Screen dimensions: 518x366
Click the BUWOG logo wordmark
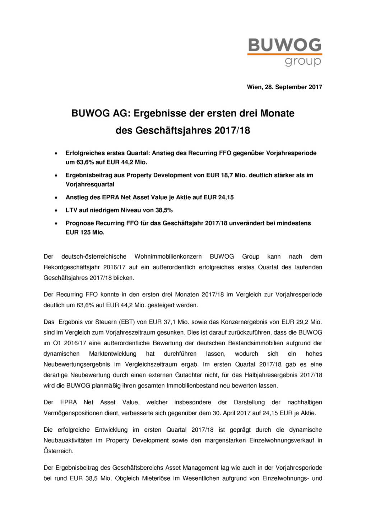[284, 45]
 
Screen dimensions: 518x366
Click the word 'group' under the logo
[303, 61]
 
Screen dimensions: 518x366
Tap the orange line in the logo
[284, 54]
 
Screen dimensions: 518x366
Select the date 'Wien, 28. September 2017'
[284, 87]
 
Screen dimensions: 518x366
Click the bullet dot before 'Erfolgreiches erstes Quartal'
[56, 153]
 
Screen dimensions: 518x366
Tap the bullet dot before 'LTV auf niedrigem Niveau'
[56, 210]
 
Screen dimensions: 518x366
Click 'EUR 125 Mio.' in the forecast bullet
[85, 232]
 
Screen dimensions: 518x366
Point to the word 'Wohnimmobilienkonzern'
[168, 256]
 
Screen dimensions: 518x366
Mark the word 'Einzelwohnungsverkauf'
[282, 440]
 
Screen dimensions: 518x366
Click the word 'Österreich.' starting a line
[58, 451]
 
